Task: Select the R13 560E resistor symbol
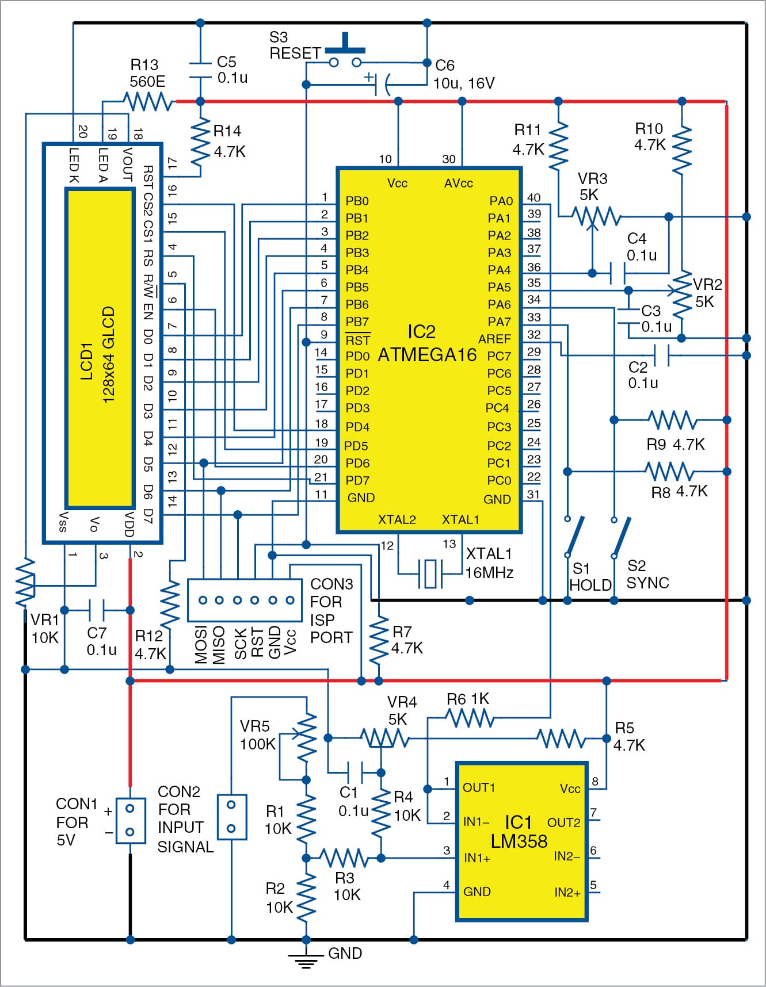click(x=148, y=102)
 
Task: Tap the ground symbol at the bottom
click(x=306, y=959)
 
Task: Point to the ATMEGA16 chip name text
click(x=427, y=355)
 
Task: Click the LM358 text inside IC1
click(x=519, y=841)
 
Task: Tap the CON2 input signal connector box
click(x=231, y=817)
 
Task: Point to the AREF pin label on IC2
click(x=494, y=339)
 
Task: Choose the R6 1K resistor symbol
click(x=470, y=718)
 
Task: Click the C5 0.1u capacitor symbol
click(x=200, y=70)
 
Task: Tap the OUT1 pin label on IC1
click(x=478, y=787)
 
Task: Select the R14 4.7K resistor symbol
click(x=200, y=141)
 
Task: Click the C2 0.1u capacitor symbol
click(x=662, y=355)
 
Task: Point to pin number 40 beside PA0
click(x=533, y=198)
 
